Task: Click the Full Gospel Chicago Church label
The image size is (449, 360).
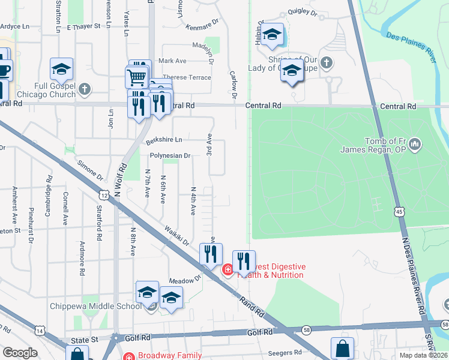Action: [54, 90]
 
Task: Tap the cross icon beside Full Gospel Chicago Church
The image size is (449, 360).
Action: [85, 90]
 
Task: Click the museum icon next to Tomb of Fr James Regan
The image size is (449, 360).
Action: [417, 144]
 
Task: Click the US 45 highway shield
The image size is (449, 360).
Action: [399, 211]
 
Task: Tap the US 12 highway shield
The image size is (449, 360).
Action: [104, 195]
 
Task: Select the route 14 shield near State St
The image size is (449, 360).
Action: [40, 331]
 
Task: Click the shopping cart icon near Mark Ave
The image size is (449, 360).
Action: [136, 77]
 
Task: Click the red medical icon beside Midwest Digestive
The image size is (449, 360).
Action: [228, 271]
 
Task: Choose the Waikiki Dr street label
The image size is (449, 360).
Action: [178, 235]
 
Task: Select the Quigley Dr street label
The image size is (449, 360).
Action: [302, 12]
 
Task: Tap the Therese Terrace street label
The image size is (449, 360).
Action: [187, 77]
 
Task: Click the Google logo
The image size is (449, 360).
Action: [20, 353]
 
